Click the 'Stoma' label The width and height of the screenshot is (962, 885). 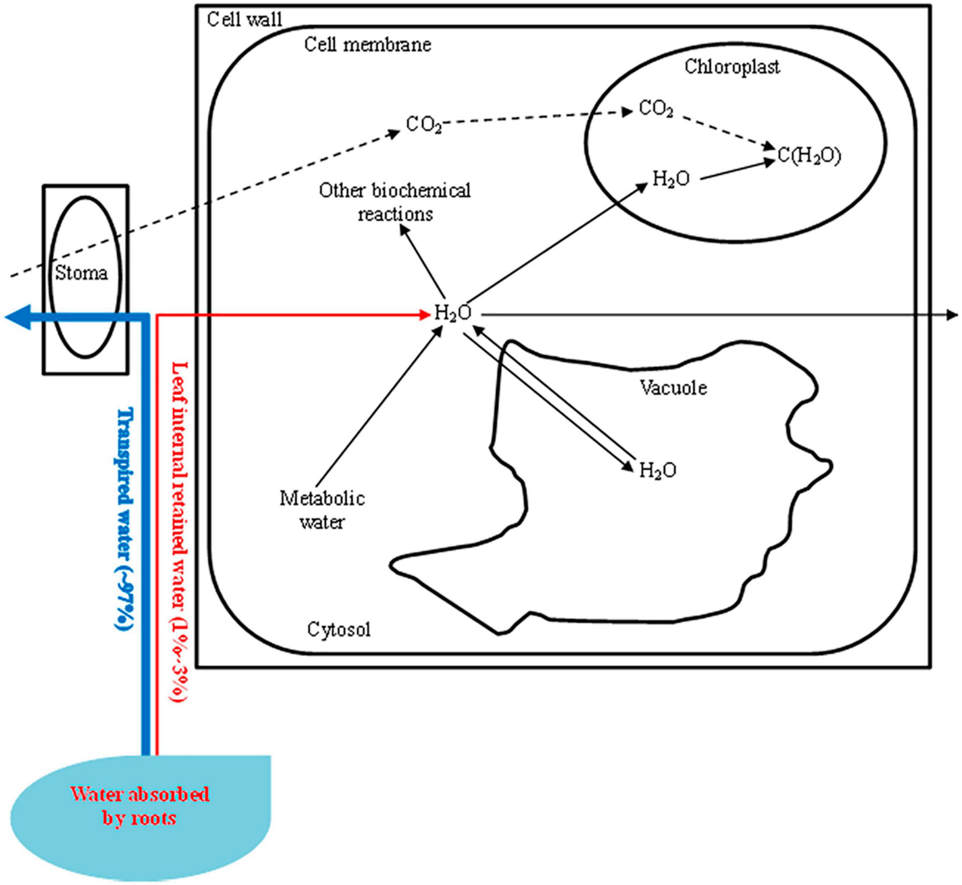click(82, 273)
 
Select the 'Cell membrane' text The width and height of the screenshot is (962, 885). click(368, 45)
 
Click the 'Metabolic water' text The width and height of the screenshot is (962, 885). click(322, 510)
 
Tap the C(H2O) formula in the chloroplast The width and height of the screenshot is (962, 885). click(809, 156)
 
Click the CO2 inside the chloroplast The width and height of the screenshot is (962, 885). click(656, 109)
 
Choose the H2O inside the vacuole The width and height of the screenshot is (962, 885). click(658, 470)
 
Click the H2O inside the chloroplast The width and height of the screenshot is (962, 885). click(671, 179)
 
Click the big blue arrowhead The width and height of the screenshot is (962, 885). click(18, 317)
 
